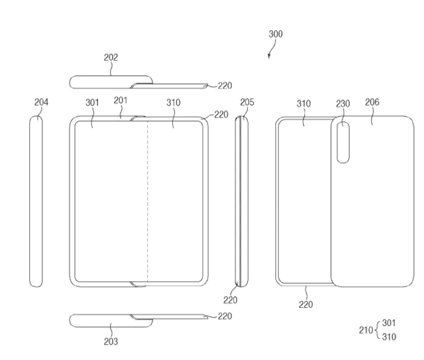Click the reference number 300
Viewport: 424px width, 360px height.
pos(276,34)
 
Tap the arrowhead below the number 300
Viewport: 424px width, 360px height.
pos(269,56)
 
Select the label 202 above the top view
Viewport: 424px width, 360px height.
pos(111,57)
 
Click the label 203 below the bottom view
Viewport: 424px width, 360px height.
pos(111,342)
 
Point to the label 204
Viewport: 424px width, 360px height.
pos(42,102)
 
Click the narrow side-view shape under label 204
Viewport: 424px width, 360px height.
pos(36,201)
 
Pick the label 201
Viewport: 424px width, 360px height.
pos(121,100)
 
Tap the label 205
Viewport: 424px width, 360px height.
pos(247,102)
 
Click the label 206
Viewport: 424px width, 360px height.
pos(372,102)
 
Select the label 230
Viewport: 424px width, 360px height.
pos(343,104)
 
